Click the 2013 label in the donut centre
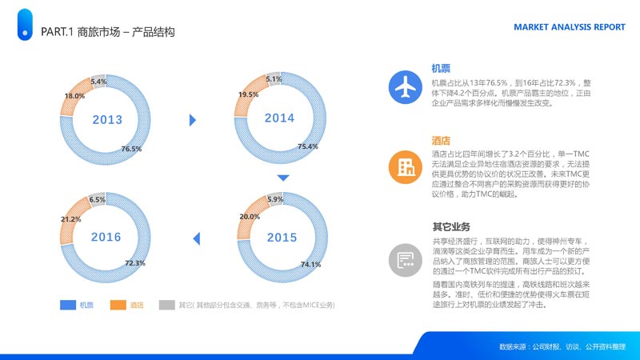point(107,119)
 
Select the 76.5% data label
point(131,149)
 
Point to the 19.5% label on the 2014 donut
point(249,94)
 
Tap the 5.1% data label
point(274,79)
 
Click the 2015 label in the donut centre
point(282,238)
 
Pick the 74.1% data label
point(311,265)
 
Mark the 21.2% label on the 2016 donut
point(71,219)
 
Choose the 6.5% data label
point(98,199)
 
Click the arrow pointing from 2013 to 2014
point(193,120)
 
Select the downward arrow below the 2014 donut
point(283,178)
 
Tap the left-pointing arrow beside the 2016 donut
point(196,238)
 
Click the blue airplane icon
point(406,87)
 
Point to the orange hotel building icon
point(406,166)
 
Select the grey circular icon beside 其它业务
point(406,260)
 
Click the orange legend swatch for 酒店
point(118,305)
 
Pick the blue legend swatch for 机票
point(68,305)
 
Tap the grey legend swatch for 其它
point(167,305)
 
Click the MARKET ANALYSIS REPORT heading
point(570,27)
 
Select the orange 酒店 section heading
point(441,141)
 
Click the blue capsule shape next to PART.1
point(25,25)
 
